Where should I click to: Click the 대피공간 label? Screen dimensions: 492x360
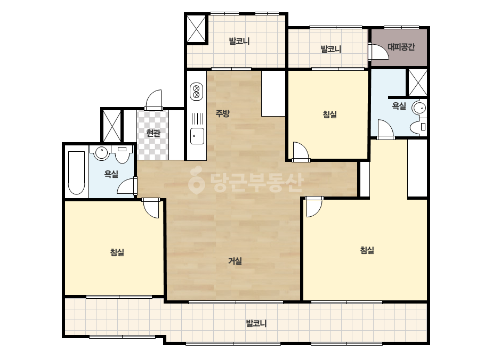coord(401,47)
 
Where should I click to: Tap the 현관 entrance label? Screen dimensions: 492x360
coord(153,133)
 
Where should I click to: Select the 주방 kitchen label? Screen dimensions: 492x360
coord(222,113)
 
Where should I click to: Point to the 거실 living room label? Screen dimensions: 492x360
coord(235,260)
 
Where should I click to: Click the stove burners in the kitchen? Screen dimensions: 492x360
coord(197,91)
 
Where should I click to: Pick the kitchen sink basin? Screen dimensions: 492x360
coord(197,136)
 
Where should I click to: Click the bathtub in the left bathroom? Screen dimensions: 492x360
coord(77,173)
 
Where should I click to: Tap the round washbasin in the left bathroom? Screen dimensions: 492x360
coord(101,153)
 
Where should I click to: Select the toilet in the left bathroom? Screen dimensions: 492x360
coord(122,154)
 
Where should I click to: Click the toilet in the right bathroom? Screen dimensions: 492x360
coord(418,127)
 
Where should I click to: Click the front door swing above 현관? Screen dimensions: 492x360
coord(154,100)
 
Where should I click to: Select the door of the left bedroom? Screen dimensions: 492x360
coord(151,208)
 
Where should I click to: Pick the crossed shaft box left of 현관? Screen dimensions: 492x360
coord(112,126)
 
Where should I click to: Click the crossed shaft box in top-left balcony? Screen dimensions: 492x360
coord(196,29)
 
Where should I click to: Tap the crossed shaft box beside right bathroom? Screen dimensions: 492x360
coord(417,83)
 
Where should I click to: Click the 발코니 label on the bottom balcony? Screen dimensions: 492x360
coord(256,323)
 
